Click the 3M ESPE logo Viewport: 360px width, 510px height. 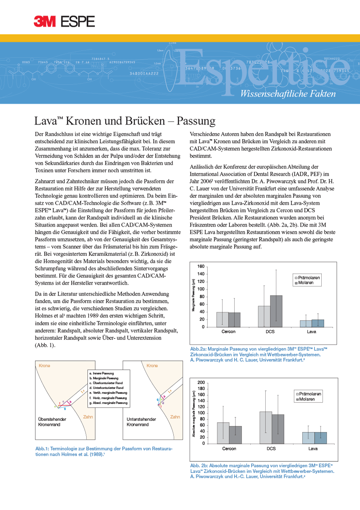(x=65, y=21)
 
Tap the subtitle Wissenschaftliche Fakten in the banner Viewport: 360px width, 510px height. (x=287, y=94)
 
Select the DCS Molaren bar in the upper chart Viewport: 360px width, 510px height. (x=276, y=311)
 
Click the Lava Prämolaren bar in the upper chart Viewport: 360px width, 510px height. (x=306, y=324)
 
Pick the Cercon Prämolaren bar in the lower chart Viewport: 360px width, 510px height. (x=223, y=433)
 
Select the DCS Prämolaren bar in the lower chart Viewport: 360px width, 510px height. (x=265, y=427)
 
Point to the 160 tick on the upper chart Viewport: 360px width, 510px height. (x=201, y=267)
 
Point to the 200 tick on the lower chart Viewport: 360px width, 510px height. (x=201, y=382)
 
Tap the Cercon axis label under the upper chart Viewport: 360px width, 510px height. (x=229, y=332)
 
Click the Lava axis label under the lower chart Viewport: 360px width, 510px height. (x=313, y=448)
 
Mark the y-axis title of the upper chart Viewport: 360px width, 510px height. (x=194, y=297)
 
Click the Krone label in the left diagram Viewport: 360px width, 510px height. (x=44, y=366)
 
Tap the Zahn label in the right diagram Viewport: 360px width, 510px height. (x=175, y=417)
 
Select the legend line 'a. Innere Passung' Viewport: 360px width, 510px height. (x=102, y=374)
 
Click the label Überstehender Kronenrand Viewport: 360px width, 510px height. (x=52, y=422)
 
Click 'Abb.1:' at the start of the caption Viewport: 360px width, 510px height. (x=42, y=449)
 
